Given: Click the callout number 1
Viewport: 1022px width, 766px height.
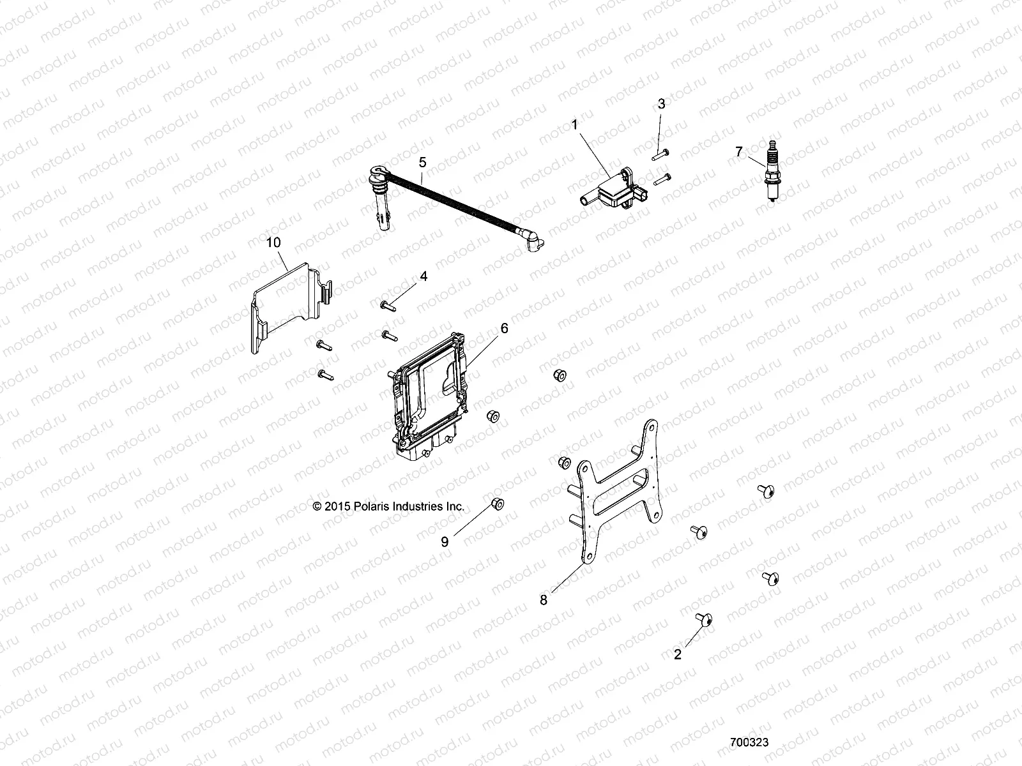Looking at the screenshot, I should pos(574,124).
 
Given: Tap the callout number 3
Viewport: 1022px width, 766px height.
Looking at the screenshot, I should pos(661,103).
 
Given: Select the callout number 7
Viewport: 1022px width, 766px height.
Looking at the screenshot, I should pos(739,151).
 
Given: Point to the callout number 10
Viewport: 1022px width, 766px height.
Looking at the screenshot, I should pos(273,243).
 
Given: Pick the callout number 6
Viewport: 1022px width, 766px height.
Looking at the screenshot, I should pos(504,328).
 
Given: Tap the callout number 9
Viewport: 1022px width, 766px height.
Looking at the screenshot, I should pos(445,542).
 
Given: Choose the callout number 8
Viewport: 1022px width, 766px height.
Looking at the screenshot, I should pos(544,600).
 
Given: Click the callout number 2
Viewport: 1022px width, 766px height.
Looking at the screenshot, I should pos(678,654).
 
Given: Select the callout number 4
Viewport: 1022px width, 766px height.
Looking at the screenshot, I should pos(441,276).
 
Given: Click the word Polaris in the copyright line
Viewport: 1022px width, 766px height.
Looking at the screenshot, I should pos(367,506).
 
